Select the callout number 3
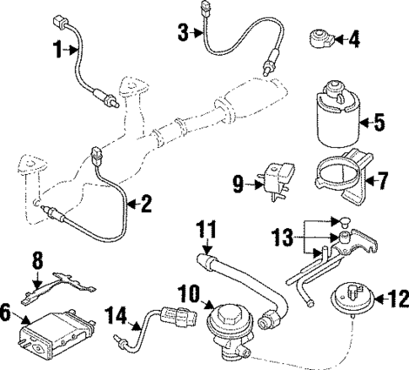[x=183, y=33]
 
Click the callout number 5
[x=379, y=123]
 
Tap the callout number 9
[x=238, y=182]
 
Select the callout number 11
[x=207, y=228]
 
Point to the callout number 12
[x=394, y=297]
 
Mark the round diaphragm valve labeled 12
[x=349, y=300]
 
